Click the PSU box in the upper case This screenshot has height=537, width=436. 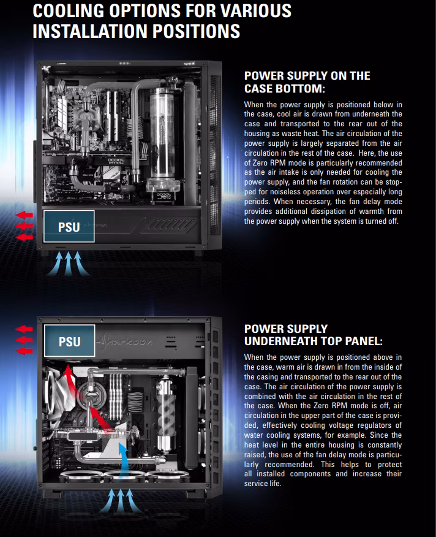tap(69, 226)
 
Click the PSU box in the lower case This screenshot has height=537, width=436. tap(69, 341)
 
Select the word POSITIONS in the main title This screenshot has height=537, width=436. tap(196, 31)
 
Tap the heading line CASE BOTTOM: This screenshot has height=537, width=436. tap(284, 88)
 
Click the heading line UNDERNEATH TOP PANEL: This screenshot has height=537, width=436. tap(313, 341)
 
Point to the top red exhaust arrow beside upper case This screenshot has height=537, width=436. tap(24, 215)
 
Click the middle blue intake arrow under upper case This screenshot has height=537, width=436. tap(69, 264)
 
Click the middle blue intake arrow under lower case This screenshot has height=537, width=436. tap(121, 501)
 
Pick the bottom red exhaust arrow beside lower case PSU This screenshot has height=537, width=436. tap(24, 351)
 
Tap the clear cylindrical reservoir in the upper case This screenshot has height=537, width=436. tap(162, 137)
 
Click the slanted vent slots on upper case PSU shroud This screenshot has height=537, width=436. tap(170, 226)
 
